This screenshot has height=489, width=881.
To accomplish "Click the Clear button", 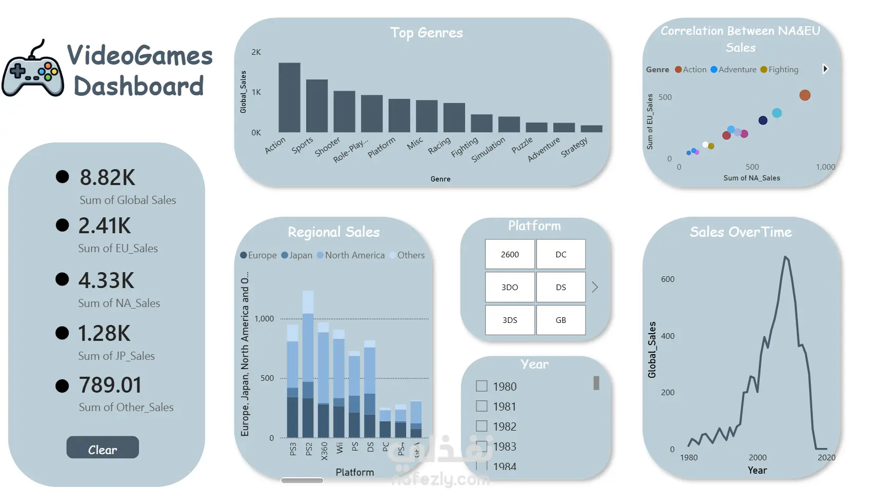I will (x=103, y=447).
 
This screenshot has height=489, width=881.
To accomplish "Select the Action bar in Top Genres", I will (x=289, y=97).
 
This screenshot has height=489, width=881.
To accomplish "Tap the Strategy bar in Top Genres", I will (x=591, y=129).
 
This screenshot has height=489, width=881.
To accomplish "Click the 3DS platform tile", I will (x=510, y=320).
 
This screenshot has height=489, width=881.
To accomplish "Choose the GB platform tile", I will (x=560, y=320).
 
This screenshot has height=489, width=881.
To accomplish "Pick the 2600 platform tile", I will (x=510, y=254).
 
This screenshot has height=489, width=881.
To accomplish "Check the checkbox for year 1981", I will (x=482, y=406).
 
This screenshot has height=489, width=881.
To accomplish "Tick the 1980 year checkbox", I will (x=482, y=386).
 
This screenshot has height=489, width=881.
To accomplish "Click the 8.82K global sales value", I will (x=107, y=178).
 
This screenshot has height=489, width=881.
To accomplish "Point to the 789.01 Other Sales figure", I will (x=110, y=385).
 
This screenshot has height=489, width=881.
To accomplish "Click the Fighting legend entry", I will (x=779, y=70).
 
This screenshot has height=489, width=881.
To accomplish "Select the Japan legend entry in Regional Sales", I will (x=297, y=255).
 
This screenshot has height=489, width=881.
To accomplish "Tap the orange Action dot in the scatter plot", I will (x=805, y=95).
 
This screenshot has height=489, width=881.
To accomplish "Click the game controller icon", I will (x=33, y=71).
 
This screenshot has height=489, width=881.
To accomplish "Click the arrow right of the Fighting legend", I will (x=825, y=69).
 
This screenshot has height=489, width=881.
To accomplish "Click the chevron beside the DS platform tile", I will (x=595, y=287).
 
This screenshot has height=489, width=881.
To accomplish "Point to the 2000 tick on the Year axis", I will (x=757, y=457).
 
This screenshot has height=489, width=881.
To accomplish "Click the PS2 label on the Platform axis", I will (x=309, y=449).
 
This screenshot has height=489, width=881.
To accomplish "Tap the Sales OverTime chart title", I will (x=740, y=232).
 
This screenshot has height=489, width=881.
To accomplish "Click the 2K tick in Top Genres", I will (x=256, y=52).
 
